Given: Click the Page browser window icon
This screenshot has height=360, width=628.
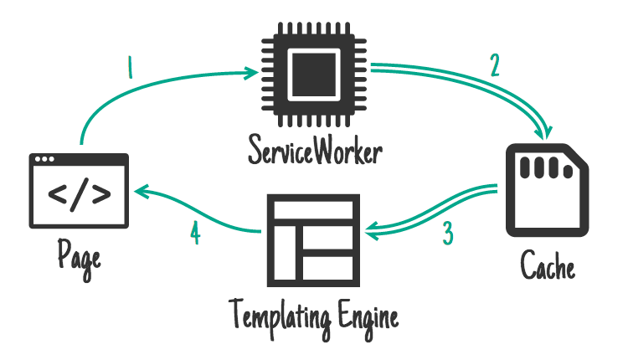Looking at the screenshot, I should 80,191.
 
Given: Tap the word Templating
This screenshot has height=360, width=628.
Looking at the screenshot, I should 273,318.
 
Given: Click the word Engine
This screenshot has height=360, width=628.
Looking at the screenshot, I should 366,318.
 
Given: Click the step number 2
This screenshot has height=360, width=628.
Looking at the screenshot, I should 496,64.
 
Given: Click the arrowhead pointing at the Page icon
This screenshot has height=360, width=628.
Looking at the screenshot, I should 138,191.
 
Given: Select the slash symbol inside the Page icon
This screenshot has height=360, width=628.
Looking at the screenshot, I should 80,194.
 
